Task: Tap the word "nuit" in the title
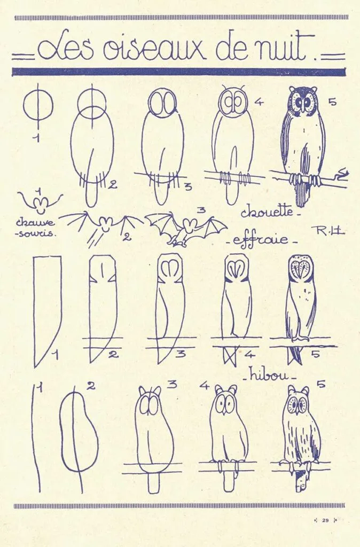281,46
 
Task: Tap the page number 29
325,520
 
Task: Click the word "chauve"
35,223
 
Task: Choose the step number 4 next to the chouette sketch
259,102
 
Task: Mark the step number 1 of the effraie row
55,355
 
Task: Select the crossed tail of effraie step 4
231,355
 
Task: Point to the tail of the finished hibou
302,480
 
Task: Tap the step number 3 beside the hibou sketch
172,385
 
